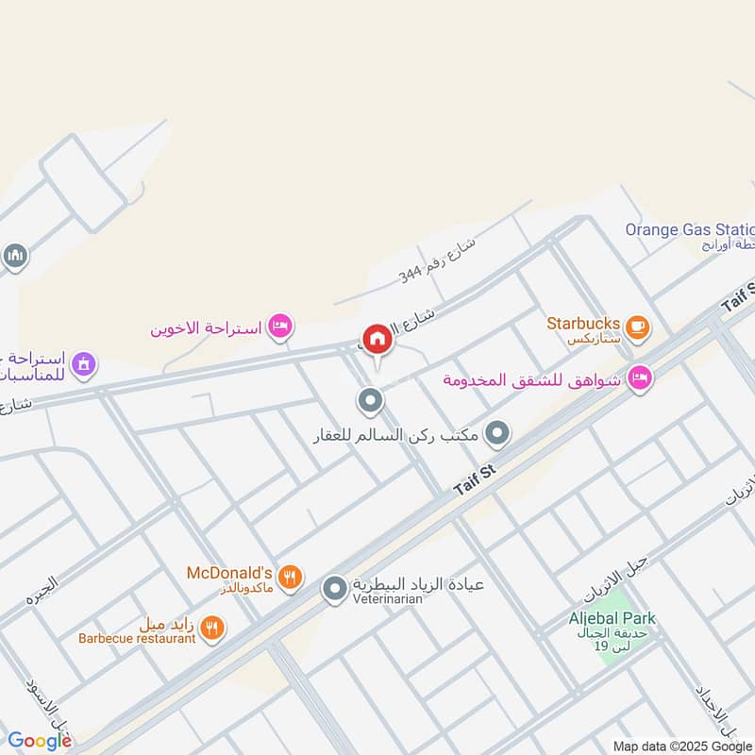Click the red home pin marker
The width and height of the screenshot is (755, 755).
[377, 339]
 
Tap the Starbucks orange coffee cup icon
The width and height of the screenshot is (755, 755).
[638, 327]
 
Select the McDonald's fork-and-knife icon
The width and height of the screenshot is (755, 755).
[292, 577]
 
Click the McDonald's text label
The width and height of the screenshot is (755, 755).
[229, 573]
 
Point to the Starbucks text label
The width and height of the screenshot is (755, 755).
[582, 323]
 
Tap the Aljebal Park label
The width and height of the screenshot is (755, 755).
[612, 618]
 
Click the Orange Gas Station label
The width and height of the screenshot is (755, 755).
[690, 229]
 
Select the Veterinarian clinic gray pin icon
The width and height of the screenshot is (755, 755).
[334, 591]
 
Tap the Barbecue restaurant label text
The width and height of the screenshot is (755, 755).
[137, 638]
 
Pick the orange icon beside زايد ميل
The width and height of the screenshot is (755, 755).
[213, 628]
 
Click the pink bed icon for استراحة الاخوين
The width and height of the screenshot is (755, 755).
[280, 327]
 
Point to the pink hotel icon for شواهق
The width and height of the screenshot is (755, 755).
[640, 379]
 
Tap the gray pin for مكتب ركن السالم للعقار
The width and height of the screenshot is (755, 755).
[497, 434]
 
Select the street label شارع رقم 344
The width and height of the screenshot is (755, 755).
[437, 259]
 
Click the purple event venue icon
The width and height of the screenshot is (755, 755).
[84, 363]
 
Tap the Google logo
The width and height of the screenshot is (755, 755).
[40, 741]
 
